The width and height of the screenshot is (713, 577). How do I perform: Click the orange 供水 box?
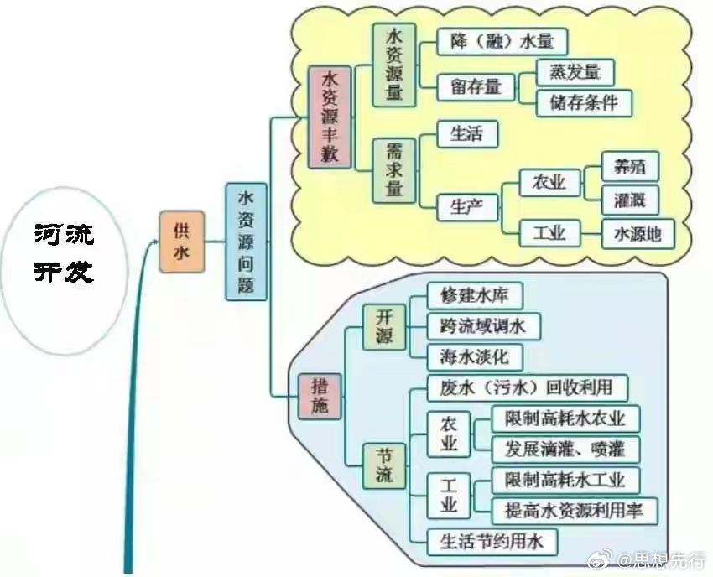point(181,242)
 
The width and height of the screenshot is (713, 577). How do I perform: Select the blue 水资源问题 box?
point(247,242)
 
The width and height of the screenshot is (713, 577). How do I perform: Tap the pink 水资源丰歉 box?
point(329,117)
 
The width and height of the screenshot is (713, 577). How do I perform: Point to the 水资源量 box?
point(394,65)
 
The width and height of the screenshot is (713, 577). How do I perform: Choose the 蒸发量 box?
point(575,72)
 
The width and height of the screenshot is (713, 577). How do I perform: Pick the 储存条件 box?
point(584,102)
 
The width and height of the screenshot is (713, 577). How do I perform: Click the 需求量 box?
point(394,171)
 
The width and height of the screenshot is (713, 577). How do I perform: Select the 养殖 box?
point(631,167)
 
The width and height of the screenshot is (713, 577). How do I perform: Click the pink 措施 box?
point(320,396)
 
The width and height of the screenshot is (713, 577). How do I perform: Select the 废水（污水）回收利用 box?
point(521,387)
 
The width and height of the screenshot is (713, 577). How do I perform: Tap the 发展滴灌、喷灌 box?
point(565,449)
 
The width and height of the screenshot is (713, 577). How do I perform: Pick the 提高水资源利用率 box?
point(575,509)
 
